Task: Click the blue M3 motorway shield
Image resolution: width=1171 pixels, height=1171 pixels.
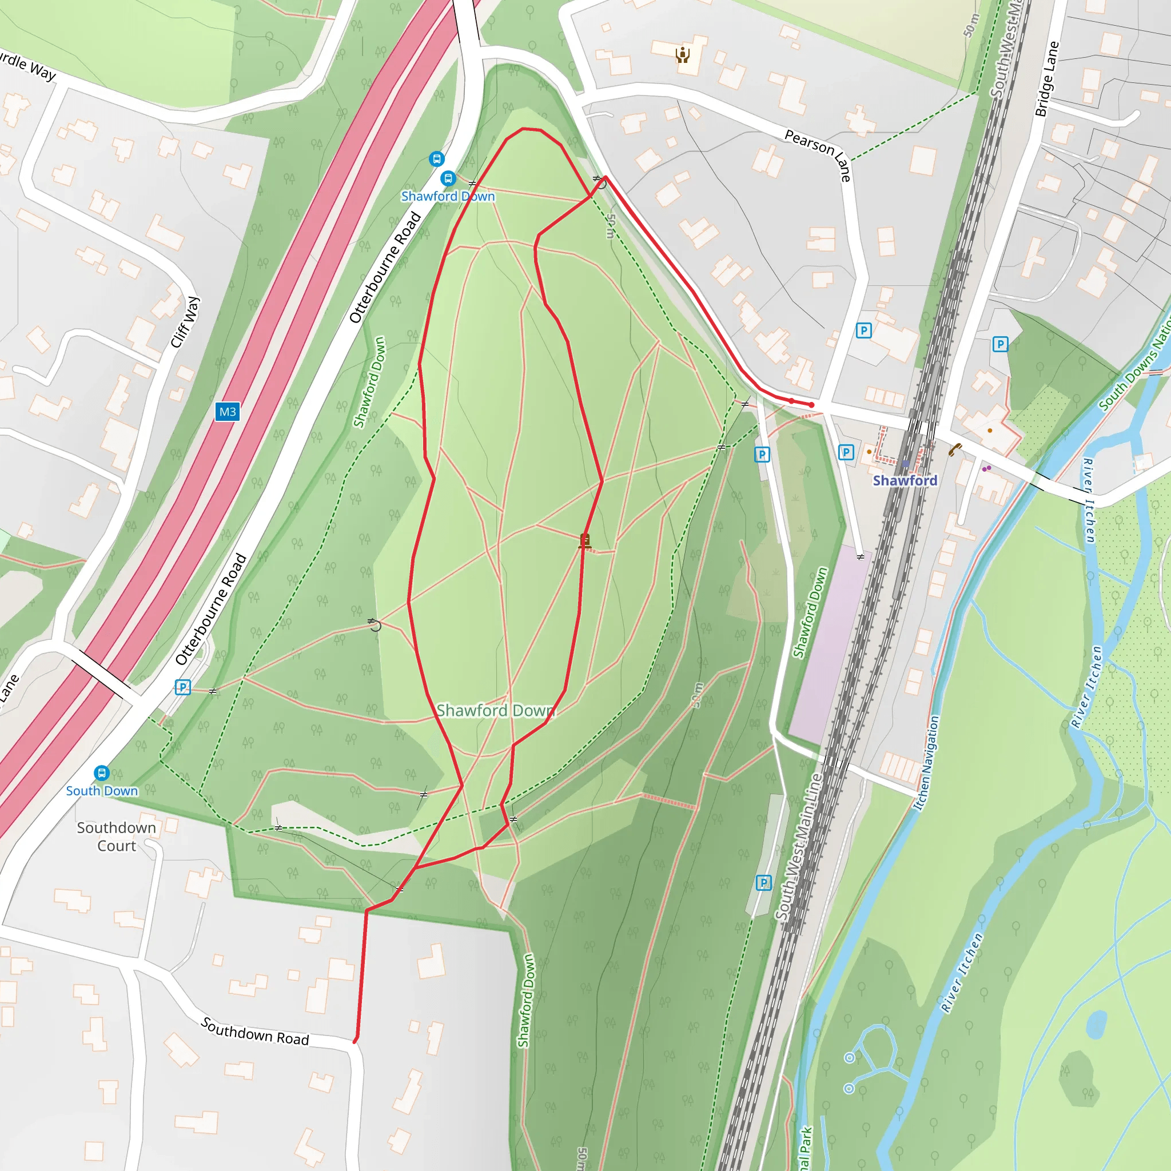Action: tap(228, 412)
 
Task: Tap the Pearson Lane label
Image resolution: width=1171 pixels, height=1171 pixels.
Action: tap(818, 154)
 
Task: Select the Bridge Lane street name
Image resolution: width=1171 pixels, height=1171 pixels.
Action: tap(1047, 79)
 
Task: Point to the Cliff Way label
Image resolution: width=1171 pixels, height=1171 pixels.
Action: tap(185, 322)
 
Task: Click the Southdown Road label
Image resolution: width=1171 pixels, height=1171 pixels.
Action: tap(254, 1031)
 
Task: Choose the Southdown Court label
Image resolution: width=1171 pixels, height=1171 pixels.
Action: tap(117, 837)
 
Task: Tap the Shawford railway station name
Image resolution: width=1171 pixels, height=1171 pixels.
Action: tap(905, 481)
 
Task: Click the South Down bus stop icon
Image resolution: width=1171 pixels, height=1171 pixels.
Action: tap(102, 773)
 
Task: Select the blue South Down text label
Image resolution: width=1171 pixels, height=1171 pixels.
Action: tap(102, 791)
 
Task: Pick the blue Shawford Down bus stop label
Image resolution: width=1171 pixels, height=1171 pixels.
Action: tap(448, 196)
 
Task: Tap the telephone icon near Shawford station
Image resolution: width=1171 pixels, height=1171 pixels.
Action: tap(955, 449)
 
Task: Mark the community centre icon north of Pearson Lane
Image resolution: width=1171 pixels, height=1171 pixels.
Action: tap(683, 55)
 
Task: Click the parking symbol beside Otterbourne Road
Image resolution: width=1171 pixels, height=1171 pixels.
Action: tap(182, 687)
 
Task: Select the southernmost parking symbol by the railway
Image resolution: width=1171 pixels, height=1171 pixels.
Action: tap(764, 883)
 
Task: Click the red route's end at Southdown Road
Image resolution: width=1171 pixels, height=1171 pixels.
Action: tap(355, 1042)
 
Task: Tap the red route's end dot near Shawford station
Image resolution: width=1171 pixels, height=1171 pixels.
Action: tap(811, 405)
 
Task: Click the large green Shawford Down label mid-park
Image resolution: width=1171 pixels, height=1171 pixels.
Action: tap(495, 710)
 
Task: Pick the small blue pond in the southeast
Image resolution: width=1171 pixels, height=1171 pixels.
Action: tap(1097, 1023)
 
